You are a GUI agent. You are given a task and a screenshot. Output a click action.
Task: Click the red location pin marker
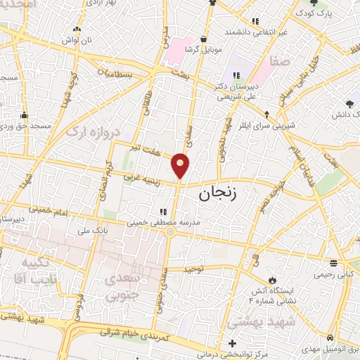(181, 166)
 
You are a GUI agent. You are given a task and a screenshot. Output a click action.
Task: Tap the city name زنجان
(223, 195)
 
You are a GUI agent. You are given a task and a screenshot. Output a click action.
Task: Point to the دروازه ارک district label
(94, 129)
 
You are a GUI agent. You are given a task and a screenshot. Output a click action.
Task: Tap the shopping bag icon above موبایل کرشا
(203, 39)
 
